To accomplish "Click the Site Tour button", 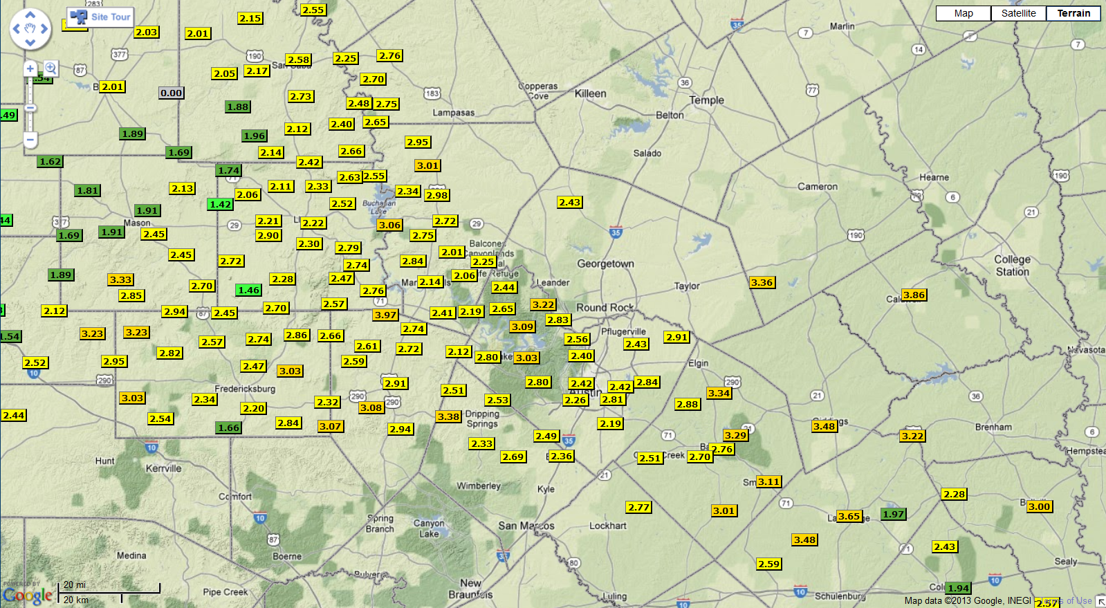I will (101, 17).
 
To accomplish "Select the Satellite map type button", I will (1018, 13).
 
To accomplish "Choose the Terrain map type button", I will (1073, 13).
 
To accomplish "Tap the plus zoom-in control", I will (30, 68).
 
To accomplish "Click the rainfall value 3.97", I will (385, 315).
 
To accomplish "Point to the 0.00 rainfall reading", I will (171, 93).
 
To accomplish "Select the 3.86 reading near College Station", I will (914, 295).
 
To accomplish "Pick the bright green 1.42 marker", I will (220, 204).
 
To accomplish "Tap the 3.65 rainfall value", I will (849, 516).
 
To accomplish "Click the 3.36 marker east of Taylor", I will (762, 282).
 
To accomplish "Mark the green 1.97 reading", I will (893, 514).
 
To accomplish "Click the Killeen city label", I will (590, 93).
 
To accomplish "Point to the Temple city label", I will (706, 100).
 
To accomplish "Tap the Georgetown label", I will (605, 264).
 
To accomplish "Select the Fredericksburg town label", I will (245, 389).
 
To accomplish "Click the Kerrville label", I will (163, 468).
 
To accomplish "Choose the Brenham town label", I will (993, 427).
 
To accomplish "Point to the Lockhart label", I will (607, 526).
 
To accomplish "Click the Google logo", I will (28, 596).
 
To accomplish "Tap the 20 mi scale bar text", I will (75, 585).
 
